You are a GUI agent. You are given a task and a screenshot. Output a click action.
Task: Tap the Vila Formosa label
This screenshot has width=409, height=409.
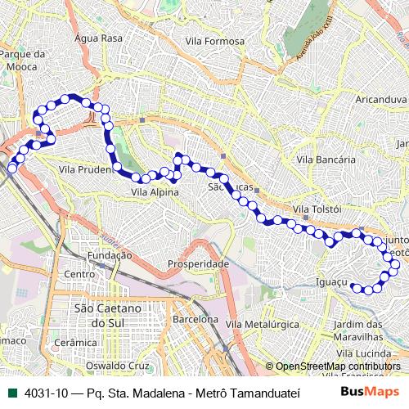click(214, 41)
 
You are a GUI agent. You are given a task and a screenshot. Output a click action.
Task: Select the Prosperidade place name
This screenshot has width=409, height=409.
click(198, 264)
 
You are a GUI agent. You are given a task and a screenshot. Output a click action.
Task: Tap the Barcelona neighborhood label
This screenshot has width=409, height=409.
click(195, 319)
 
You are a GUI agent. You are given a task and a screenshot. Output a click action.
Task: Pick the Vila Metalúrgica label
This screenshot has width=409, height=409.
click(261, 325)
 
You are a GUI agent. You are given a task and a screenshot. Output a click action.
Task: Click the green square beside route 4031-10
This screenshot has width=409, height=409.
click(11, 392)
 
